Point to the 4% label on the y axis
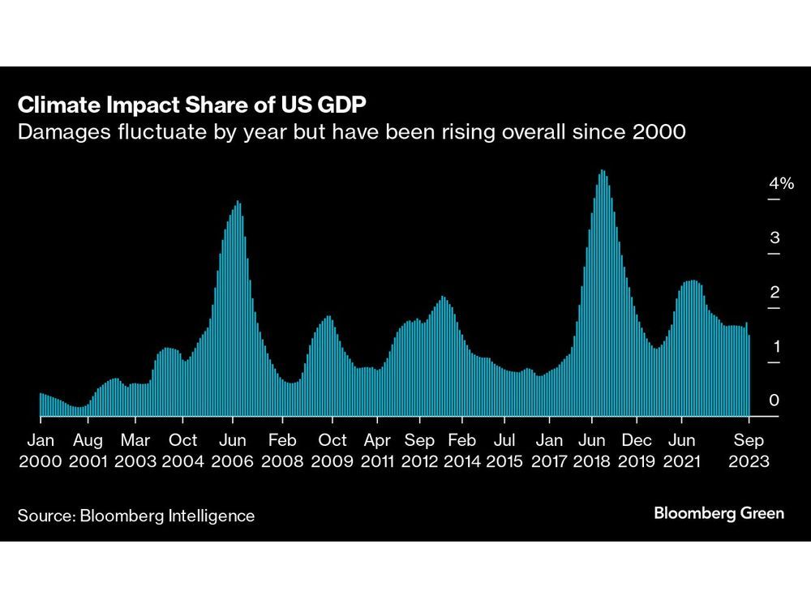(x=782, y=184)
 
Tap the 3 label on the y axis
(x=775, y=238)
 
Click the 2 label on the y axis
(x=775, y=293)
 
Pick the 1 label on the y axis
(x=775, y=347)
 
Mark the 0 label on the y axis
(x=775, y=401)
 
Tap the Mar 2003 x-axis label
(x=135, y=451)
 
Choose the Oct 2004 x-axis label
(x=183, y=451)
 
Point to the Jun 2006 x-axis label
(x=233, y=451)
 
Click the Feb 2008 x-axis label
(x=282, y=451)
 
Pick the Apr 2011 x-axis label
(x=376, y=451)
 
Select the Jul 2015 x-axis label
(x=504, y=451)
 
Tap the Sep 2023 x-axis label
(x=749, y=451)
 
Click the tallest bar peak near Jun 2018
(x=602, y=172)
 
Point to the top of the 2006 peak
(x=238, y=203)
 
